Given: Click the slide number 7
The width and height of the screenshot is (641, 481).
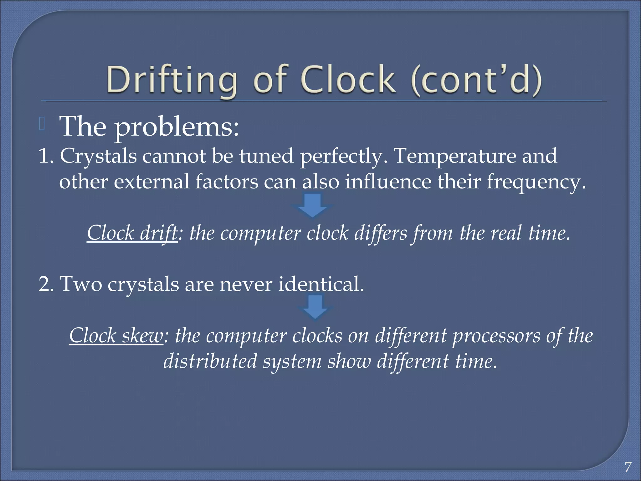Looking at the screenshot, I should tap(628, 467).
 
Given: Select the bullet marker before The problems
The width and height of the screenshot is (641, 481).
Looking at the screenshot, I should tap(42, 124).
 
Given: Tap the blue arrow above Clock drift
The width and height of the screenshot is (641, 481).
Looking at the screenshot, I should tap(312, 205).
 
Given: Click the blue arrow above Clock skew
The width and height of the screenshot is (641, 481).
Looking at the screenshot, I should tap(315, 307).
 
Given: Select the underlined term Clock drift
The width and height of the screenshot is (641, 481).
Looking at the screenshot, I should tap(132, 233).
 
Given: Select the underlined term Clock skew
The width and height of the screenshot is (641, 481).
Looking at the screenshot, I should tap(116, 336).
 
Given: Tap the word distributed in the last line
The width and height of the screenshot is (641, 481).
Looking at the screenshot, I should tap(210, 361).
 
